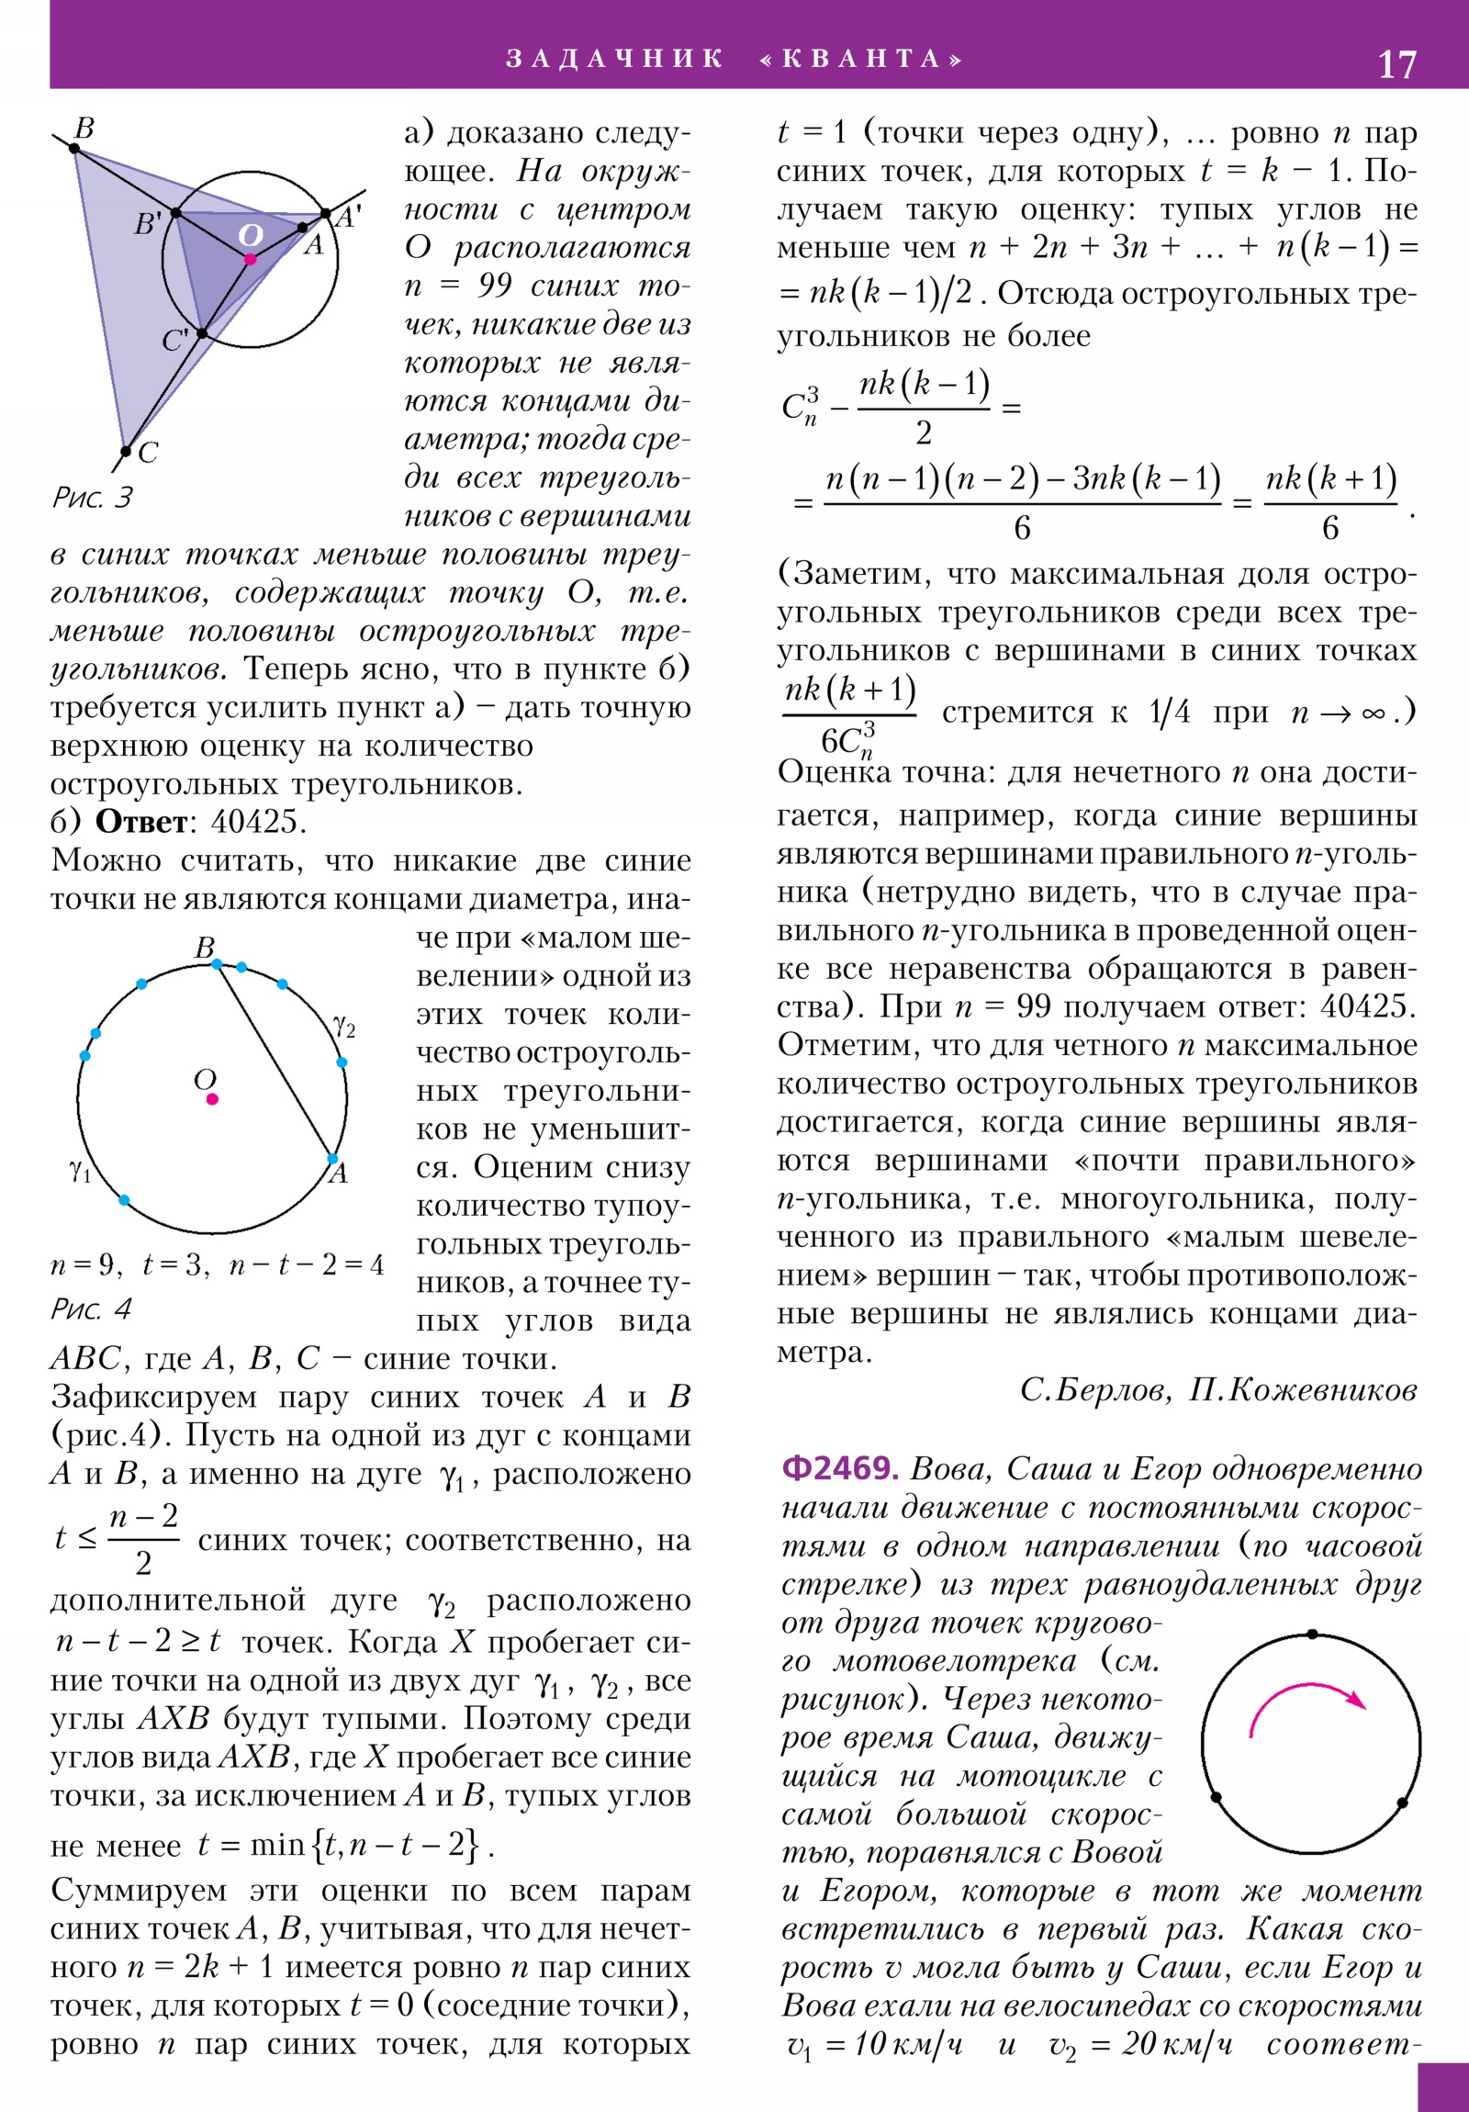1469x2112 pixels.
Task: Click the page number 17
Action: click(x=1396, y=64)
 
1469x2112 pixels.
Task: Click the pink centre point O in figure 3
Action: click(x=251, y=259)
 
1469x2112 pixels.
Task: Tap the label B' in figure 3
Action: click(x=147, y=223)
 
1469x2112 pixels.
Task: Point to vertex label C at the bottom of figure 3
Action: click(x=148, y=453)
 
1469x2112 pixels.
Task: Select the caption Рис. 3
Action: click(x=92, y=498)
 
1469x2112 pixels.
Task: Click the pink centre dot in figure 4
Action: click(x=212, y=1098)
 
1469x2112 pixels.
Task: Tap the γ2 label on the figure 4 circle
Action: click(x=344, y=1026)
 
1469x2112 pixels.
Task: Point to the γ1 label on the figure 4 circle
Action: click(x=80, y=1171)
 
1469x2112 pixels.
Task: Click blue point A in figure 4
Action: click(x=333, y=1159)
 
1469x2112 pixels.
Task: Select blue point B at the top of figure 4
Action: click(x=217, y=963)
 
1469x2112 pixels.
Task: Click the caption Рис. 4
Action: click(x=91, y=1309)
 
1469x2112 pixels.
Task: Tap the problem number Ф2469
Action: click(x=839, y=1468)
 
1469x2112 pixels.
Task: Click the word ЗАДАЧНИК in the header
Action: click(x=614, y=59)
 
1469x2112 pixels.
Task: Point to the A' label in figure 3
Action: click(x=348, y=217)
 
